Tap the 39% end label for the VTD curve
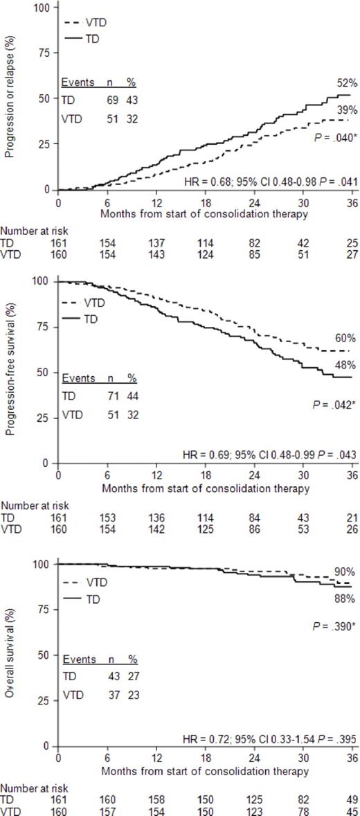click(345, 110)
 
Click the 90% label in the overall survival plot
click(345, 571)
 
